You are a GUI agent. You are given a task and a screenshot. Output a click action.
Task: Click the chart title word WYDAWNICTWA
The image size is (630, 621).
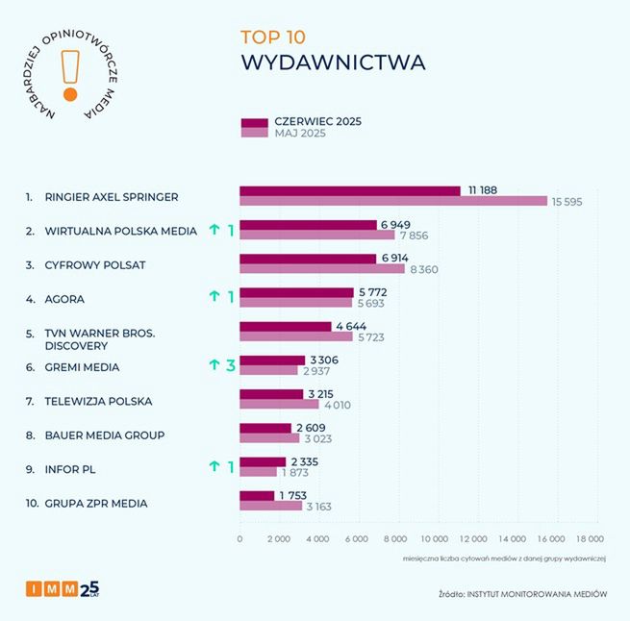coord(332,62)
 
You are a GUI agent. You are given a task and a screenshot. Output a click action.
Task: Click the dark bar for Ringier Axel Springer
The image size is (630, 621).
coord(349,190)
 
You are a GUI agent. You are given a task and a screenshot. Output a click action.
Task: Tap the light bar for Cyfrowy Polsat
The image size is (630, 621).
coord(321,269)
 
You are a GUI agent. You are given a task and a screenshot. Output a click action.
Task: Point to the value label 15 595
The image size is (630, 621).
coord(567,202)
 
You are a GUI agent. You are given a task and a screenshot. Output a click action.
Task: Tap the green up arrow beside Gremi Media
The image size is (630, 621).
coord(214,365)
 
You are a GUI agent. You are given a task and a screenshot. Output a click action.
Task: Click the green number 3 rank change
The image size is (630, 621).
coord(231,365)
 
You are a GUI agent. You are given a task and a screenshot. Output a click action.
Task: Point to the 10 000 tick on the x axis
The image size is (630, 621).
coord(435,539)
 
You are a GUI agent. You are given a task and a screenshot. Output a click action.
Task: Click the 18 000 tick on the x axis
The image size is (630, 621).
coord(589,539)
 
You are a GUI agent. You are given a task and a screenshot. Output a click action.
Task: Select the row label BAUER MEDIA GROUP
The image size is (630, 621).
coord(105,435)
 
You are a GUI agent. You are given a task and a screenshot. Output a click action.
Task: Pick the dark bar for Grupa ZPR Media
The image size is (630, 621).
coord(256,496)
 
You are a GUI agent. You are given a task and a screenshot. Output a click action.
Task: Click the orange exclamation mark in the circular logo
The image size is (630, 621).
coord(69,75)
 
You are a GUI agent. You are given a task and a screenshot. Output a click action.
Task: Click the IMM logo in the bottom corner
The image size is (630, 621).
coord(63,589)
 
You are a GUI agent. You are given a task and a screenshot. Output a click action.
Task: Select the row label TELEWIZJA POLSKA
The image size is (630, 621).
coord(98,401)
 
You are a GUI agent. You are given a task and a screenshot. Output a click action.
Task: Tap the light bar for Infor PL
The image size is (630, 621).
coord(258,472)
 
